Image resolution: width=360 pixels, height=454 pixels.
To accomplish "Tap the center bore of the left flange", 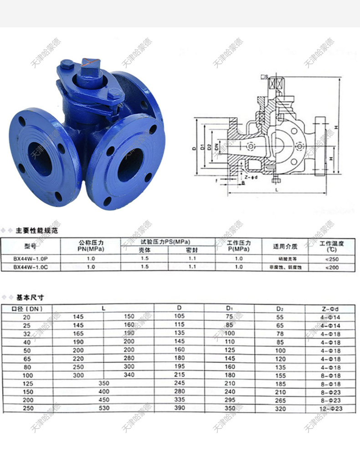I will point(40,158).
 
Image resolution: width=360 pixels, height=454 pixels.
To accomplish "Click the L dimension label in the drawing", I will point(276,188).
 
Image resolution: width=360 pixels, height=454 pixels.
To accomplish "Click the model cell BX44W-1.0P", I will point(30,258).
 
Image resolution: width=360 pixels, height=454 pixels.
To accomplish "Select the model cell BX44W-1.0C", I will point(30,267).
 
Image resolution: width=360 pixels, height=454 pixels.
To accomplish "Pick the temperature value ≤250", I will point(331,258).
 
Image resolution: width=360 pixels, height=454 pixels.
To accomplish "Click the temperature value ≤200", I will point(331,267).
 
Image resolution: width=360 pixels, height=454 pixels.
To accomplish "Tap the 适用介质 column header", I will point(285,247).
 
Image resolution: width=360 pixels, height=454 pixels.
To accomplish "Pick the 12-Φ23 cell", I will point(332,409).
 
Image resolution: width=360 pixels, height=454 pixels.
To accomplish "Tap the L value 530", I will point(104,408).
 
